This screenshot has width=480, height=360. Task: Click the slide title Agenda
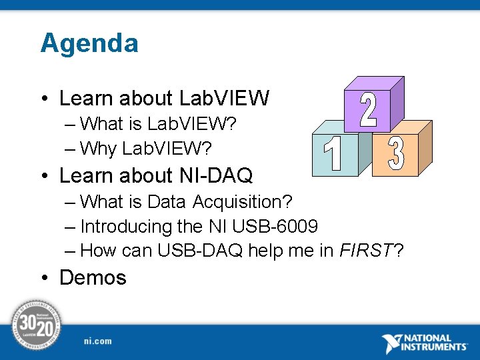(x=89, y=43)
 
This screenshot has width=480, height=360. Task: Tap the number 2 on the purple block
(x=368, y=111)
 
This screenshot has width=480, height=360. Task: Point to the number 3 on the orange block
(x=395, y=153)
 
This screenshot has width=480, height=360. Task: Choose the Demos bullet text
(x=93, y=277)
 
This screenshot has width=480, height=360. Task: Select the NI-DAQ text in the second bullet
(x=216, y=175)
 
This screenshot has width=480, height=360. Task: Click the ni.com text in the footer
(x=98, y=341)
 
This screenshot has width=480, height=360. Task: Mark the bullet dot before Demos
(x=44, y=278)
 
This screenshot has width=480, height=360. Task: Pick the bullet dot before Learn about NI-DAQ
(x=44, y=176)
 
